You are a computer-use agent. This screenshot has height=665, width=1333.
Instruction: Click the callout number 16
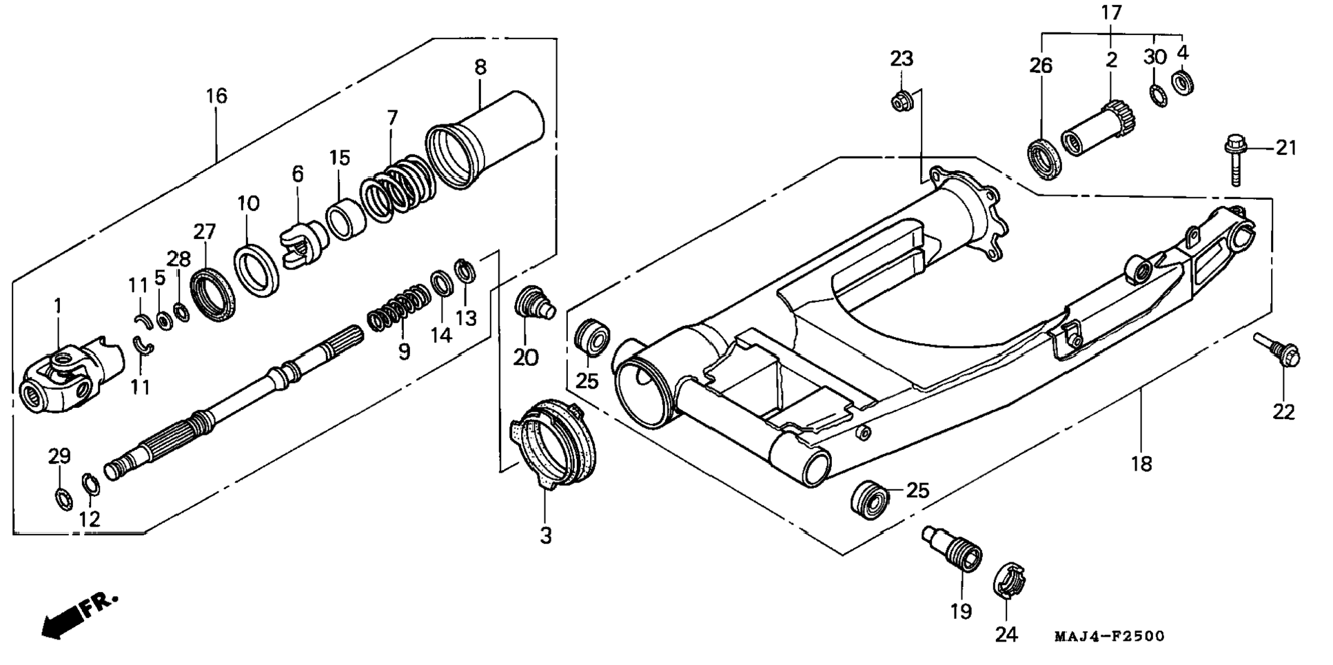click(216, 96)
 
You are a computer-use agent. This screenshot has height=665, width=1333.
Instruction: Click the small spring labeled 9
click(398, 308)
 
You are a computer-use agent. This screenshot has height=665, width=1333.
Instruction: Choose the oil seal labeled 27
click(212, 296)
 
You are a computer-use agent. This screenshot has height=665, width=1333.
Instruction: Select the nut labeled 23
click(903, 101)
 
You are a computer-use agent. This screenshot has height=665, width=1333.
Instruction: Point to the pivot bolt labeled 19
click(953, 548)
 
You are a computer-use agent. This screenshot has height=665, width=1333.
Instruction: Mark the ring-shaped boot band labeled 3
click(551, 444)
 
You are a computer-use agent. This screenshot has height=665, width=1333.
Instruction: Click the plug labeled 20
click(536, 303)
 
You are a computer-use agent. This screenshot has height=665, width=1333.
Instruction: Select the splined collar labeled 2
click(1097, 129)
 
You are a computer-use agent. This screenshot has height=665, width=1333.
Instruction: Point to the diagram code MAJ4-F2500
click(1109, 636)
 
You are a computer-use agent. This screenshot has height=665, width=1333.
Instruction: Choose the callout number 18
click(1141, 464)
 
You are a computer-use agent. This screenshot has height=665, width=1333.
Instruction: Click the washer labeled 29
click(61, 498)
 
